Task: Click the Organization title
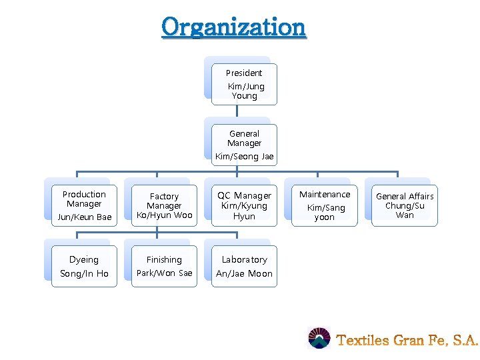233,27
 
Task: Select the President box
244,84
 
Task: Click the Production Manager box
84,205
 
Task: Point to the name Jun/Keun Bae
84,217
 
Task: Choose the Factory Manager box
164,205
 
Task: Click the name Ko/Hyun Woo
164,215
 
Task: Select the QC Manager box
244,205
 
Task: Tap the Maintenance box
325,205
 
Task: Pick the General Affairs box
405,205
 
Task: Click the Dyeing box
84,266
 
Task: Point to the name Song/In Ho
84,273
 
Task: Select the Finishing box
164,266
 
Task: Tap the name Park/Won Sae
164,273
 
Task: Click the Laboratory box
244,266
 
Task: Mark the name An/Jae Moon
244,273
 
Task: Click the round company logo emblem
319,339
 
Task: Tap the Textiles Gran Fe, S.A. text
407,340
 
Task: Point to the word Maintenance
325,195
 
